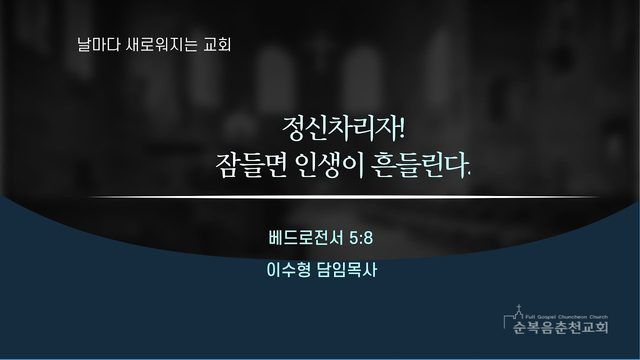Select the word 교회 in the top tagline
(x=218, y=44)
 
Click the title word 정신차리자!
(x=344, y=129)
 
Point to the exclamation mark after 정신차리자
(x=401, y=128)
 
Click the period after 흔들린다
(x=469, y=176)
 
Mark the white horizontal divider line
(x=344, y=197)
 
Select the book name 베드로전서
(x=306, y=238)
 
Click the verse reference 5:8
(x=361, y=238)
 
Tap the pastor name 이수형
(x=289, y=270)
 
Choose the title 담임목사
(x=347, y=270)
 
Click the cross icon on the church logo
(x=518, y=309)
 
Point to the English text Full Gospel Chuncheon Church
(x=567, y=317)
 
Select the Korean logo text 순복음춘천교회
(x=560, y=327)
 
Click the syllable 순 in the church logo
(x=519, y=327)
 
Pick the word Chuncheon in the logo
(x=571, y=317)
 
